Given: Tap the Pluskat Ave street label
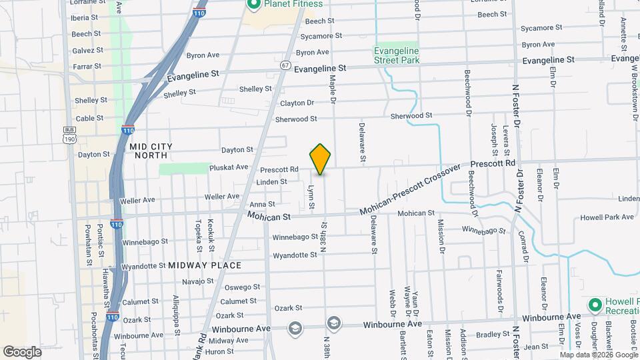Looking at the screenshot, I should point(229,167).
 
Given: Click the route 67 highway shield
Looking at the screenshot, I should point(285,65).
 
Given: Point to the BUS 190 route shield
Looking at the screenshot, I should point(69,134).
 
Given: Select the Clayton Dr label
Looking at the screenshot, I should point(297,103).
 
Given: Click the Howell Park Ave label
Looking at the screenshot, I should point(607,217).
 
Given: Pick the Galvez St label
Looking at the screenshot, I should point(87,50).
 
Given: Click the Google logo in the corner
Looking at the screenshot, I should point(22,351).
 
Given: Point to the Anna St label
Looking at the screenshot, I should point(262,205).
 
